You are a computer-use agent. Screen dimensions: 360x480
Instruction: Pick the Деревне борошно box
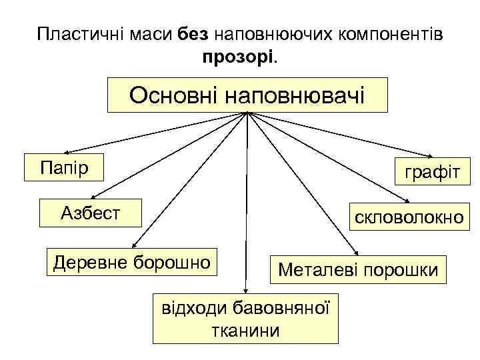coord(132,261)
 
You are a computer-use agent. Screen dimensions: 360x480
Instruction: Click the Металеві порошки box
coord(358,270)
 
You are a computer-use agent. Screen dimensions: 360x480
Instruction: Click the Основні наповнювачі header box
coord(247,95)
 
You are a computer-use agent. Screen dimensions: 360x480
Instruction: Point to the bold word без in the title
coord(194,34)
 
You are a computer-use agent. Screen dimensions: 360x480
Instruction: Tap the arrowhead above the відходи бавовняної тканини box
coord(245,290)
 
